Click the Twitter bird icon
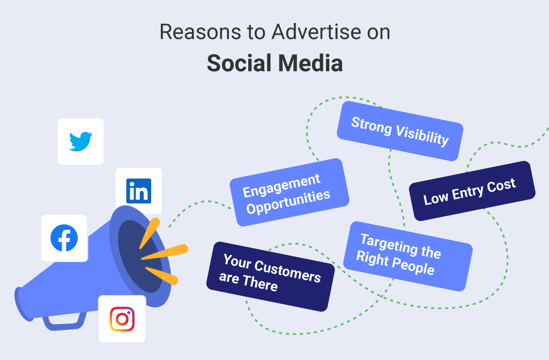(80, 142)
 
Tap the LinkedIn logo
(138, 191)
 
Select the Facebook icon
(64, 238)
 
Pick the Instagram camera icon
(122, 319)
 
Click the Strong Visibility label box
(399, 131)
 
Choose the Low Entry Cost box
(472, 191)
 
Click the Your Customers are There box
(270, 276)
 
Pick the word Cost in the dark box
(501, 186)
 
